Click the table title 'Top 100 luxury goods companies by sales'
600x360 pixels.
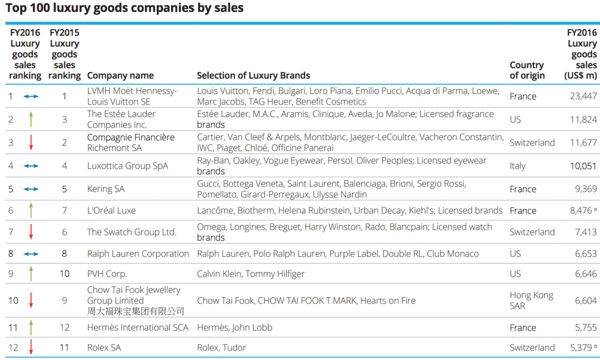124,8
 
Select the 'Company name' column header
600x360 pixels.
120,76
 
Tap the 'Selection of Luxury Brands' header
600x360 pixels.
253,75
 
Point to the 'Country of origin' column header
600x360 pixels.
527,70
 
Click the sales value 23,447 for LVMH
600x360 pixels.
583,96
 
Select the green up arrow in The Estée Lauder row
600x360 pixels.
31,119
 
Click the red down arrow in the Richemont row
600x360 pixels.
31,142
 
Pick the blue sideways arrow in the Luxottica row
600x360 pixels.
31,166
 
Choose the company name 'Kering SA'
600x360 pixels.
106,189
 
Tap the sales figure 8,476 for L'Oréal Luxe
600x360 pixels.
580,210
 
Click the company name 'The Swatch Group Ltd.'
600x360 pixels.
132,232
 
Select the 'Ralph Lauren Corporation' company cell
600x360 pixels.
138,253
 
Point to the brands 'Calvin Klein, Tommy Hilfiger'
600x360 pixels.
250,274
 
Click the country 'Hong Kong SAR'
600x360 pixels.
531,300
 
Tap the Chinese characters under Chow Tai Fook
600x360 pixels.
135,311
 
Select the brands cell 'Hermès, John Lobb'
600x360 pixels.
234,327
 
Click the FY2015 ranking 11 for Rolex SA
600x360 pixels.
64,347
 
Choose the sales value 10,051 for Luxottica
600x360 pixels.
583,166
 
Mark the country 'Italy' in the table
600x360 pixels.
517,166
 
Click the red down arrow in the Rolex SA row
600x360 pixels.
31,347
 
